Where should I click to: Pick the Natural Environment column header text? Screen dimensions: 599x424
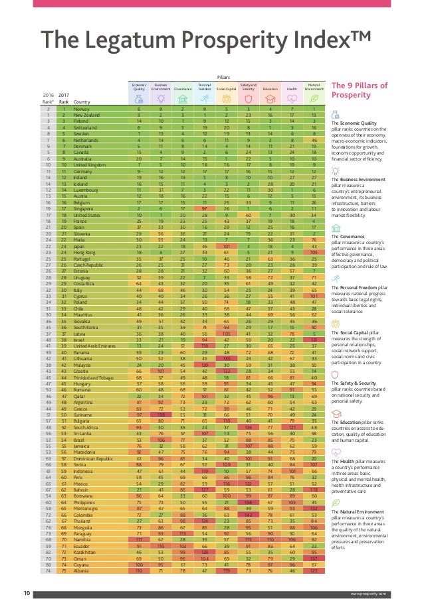[x=314, y=86]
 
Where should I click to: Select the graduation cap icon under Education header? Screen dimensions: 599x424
[x=270, y=98]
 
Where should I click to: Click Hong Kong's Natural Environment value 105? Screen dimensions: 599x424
[x=314, y=253]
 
